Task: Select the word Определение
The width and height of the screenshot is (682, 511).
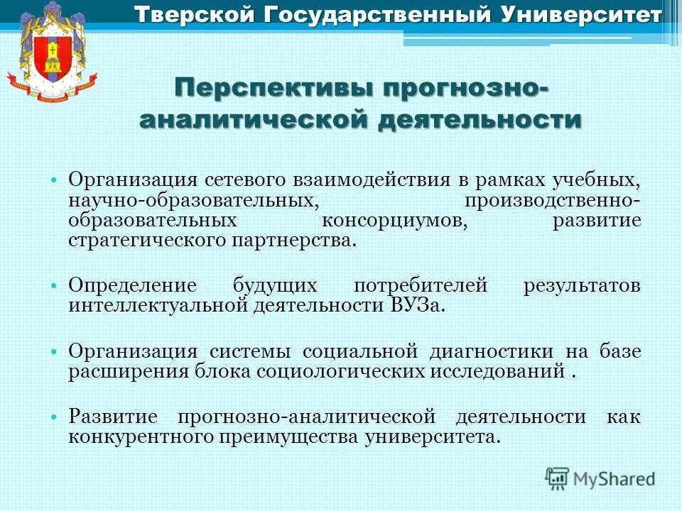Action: click(x=132, y=286)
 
